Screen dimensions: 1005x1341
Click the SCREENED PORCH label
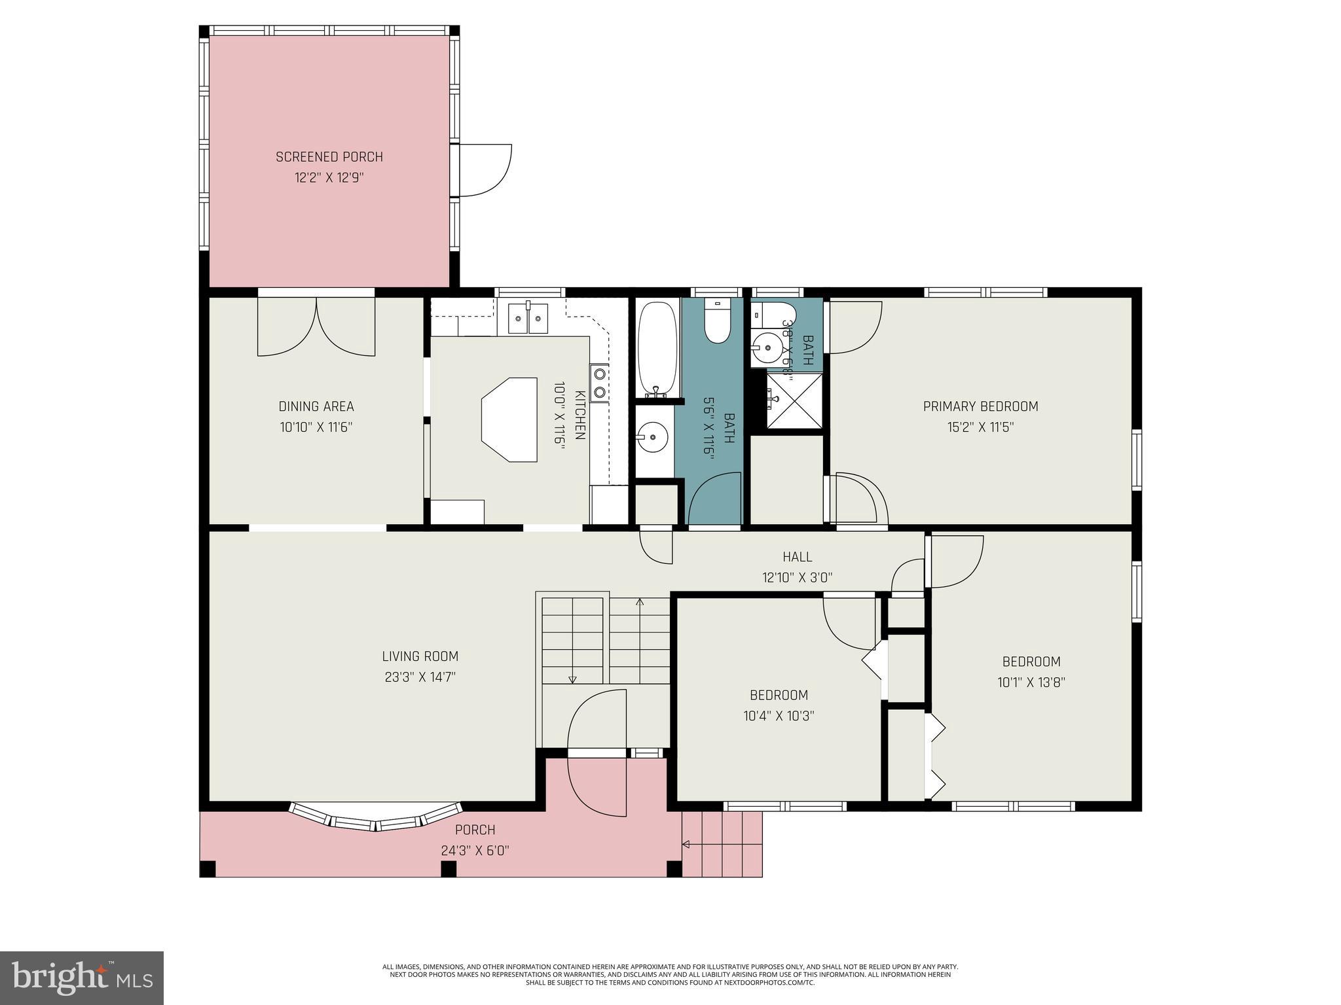point(329,157)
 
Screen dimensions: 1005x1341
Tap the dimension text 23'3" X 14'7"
point(420,677)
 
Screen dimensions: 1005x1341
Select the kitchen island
point(509,419)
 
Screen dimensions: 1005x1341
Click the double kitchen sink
point(528,319)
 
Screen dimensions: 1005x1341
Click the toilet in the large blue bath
point(718,323)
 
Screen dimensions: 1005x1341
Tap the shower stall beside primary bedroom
point(794,400)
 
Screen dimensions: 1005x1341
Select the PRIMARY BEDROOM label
point(980,406)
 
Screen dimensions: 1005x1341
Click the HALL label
point(797,557)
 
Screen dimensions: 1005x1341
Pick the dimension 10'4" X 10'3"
point(779,716)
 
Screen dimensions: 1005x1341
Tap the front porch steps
point(724,844)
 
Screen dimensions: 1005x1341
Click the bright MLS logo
point(82,978)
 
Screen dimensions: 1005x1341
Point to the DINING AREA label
point(316,406)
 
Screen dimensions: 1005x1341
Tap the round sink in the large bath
point(653,434)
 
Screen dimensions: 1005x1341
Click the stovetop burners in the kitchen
point(599,383)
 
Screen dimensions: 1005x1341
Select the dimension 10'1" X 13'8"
point(1031,682)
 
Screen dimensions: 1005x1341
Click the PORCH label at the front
point(475,830)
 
